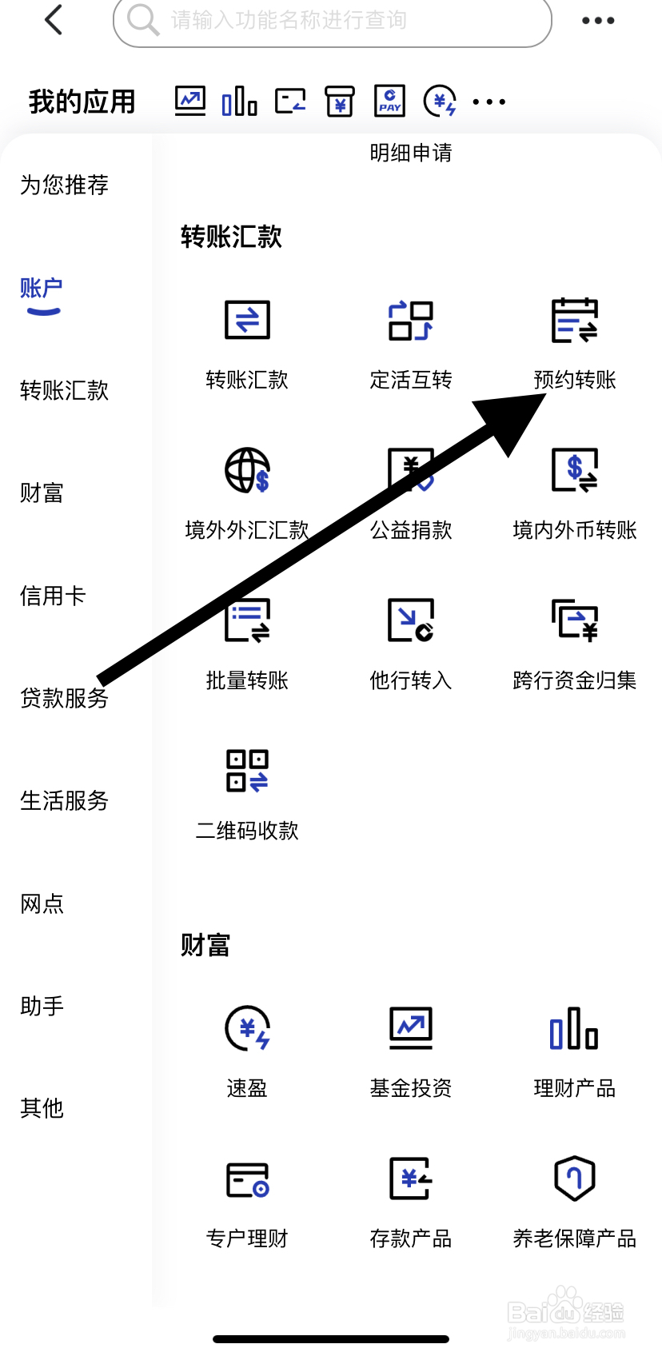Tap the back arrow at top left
(54, 20)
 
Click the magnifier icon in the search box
(143, 20)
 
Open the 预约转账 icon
(574, 321)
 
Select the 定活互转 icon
(411, 321)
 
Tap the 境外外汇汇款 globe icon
(247, 470)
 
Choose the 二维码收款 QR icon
(247, 771)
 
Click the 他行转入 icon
(411, 620)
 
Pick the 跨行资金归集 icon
(574, 620)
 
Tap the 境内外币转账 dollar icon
(574, 470)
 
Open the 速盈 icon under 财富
(247, 1028)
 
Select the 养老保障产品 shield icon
(574, 1179)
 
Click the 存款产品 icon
(411, 1179)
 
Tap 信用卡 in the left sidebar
(53, 596)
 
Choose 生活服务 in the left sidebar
(64, 800)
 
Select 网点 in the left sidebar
(42, 903)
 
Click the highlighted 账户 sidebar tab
(42, 289)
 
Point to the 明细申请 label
(411, 153)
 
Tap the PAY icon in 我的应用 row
(389, 102)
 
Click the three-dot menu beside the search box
(598, 21)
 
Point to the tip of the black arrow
(546, 393)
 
